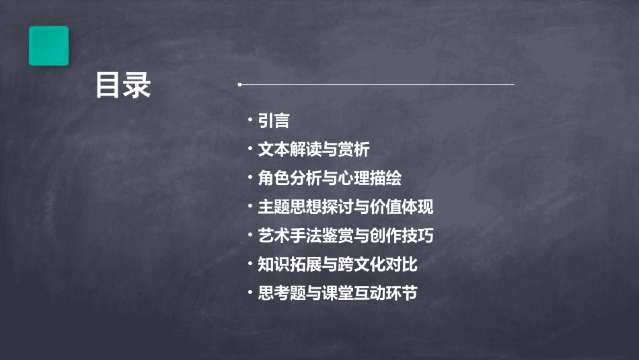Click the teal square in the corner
[x=48, y=46]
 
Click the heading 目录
[x=123, y=85]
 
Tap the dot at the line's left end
[x=239, y=85]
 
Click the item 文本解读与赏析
[x=313, y=149]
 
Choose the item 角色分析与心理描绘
[x=330, y=178]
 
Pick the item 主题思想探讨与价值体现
[x=346, y=207]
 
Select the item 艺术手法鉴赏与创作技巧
[x=346, y=236]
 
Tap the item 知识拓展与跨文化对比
[x=338, y=264]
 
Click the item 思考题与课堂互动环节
[x=338, y=293]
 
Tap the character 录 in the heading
[x=138, y=85]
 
